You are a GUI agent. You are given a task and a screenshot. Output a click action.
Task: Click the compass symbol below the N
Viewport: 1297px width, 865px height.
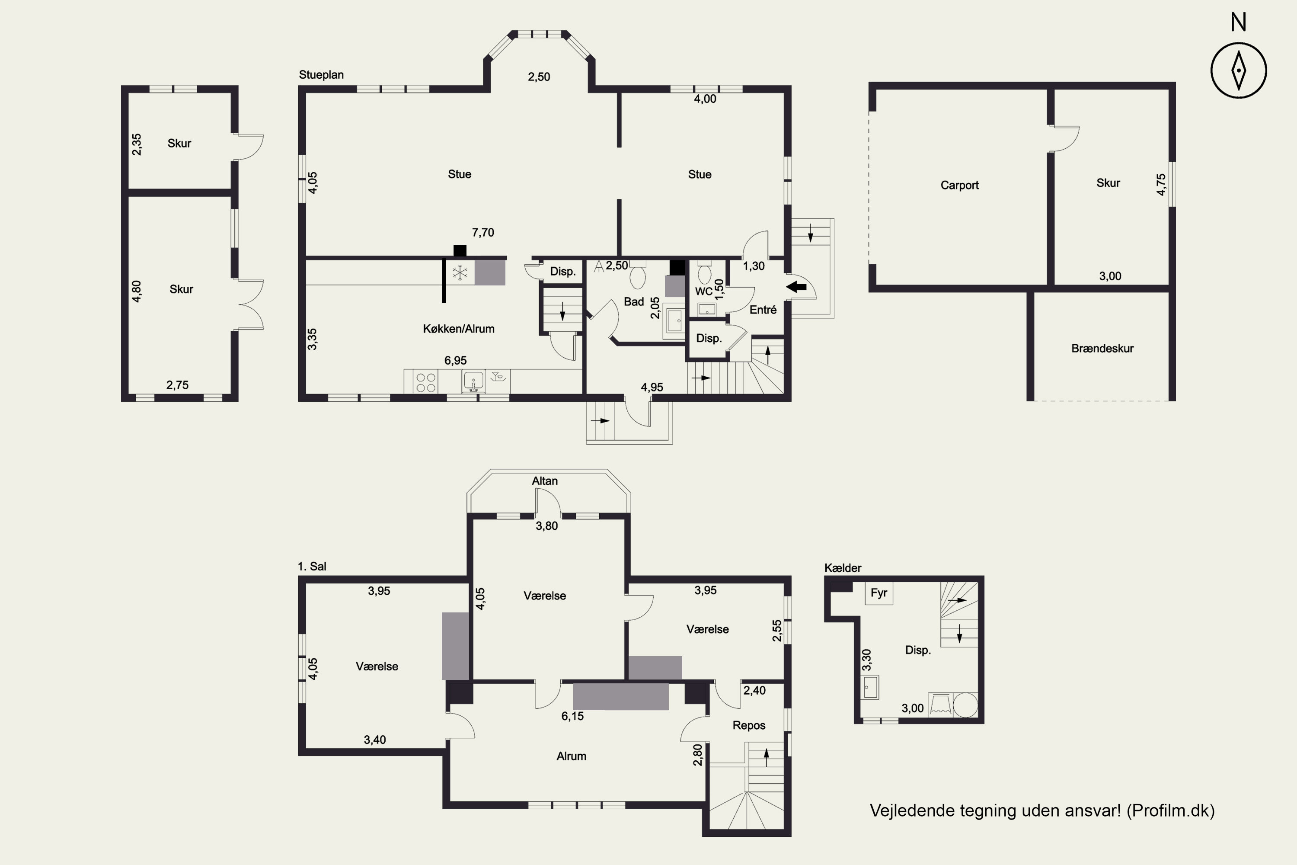[1239, 70]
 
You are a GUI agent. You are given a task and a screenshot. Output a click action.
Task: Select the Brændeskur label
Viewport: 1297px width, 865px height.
[1102, 348]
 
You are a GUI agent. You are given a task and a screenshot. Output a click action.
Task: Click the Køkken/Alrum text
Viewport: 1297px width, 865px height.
[459, 329]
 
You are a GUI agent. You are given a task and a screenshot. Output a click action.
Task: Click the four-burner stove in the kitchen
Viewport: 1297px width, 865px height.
[426, 382]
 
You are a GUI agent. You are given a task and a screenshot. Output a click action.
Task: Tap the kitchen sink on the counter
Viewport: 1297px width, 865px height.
[473, 381]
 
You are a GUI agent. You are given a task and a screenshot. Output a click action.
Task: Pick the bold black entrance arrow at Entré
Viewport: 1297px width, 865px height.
[796, 287]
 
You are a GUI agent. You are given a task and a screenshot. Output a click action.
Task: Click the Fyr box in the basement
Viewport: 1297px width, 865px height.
[879, 593]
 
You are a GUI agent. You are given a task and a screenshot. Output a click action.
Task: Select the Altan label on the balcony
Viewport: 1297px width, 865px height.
[545, 481]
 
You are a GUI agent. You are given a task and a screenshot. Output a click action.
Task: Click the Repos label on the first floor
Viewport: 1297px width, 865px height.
[749, 725]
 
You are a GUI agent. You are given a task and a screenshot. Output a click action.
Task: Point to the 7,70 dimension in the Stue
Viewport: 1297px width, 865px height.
[483, 233]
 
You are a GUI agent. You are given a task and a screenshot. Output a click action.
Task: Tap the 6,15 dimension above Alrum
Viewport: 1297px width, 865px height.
[572, 716]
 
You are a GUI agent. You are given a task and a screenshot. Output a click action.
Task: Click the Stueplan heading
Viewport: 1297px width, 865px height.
[322, 75]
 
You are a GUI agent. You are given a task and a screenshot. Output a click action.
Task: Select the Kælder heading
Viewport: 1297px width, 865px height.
[843, 568]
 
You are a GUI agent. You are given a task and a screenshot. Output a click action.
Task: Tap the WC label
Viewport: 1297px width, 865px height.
[704, 291]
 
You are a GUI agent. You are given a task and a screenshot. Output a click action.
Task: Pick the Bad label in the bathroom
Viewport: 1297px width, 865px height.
[634, 302]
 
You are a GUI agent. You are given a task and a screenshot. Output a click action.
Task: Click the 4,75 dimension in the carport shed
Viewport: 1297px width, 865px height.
[1161, 185]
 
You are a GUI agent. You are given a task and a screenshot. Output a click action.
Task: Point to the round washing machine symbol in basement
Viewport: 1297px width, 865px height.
[965, 705]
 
